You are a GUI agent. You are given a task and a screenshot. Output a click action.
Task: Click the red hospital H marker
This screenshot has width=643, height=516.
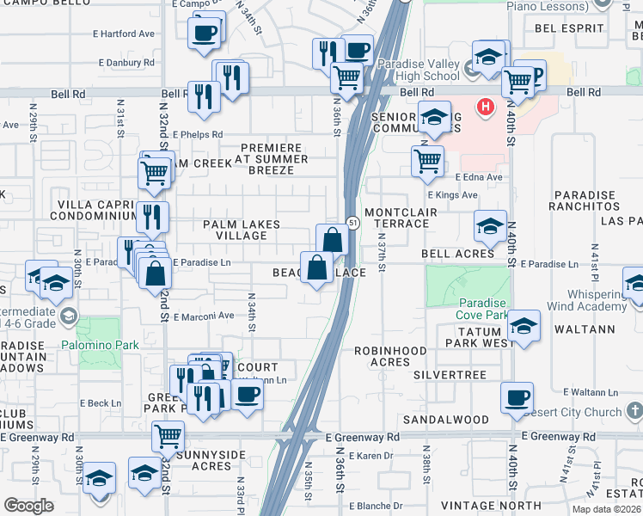[486, 107]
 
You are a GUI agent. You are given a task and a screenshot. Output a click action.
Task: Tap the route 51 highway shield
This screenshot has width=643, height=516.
[352, 223]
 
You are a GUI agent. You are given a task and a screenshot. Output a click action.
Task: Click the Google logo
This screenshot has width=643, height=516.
[29, 506]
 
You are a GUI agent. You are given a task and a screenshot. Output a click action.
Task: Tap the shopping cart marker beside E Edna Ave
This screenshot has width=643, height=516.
[427, 160]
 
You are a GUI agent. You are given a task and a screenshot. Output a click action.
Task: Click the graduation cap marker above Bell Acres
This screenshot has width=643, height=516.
[490, 226]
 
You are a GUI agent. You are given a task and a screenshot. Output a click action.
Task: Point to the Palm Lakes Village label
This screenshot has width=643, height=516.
[242, 230]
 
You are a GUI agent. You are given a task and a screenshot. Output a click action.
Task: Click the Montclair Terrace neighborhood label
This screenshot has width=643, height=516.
[396, 218]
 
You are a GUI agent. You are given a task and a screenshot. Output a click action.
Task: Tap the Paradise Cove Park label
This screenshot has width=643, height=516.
[486, 309]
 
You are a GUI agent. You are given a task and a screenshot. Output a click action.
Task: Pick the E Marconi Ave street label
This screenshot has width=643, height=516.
[203, 316]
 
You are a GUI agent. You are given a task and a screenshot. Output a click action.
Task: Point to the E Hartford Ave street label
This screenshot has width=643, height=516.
[126, 34]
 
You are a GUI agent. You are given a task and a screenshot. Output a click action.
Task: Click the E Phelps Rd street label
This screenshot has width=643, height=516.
[197, 134]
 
